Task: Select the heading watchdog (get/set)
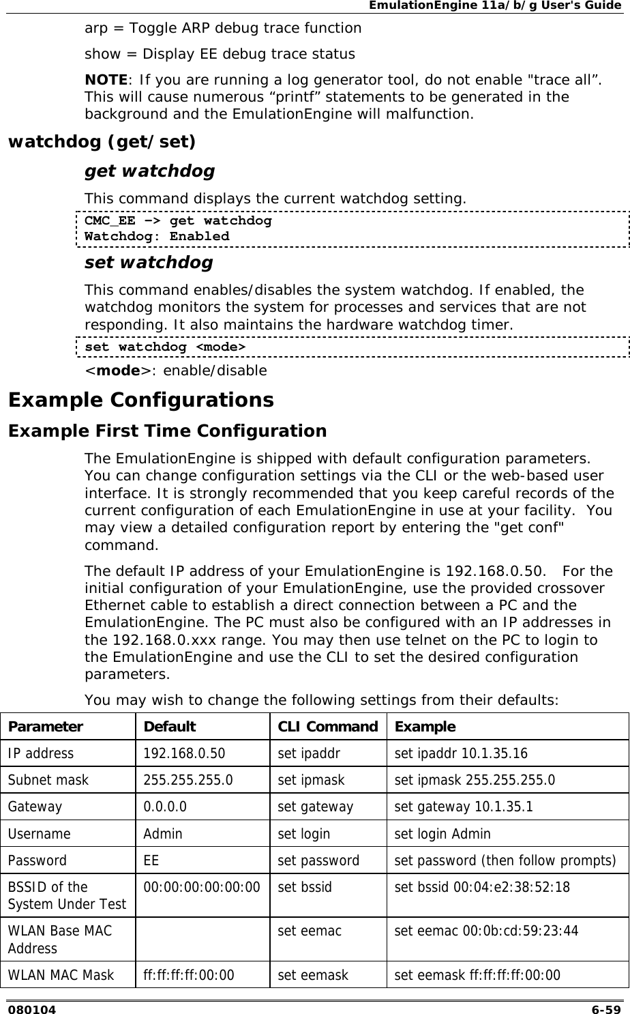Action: (101, 142)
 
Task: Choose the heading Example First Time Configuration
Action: (167, 431)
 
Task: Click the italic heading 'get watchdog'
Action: (149, 171)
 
